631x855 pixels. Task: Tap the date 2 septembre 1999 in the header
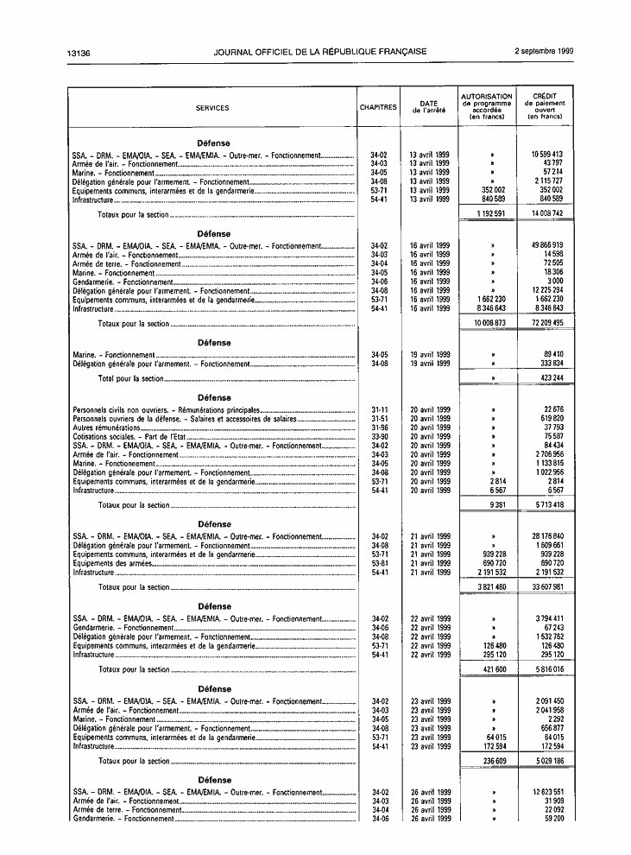point(544,52)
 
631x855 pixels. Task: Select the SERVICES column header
point(212,108)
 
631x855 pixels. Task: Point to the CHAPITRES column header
point(378,108)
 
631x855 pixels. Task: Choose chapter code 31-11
point(379,409)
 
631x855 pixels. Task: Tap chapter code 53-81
point(379,562)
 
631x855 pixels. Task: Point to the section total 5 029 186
point(546,761)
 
